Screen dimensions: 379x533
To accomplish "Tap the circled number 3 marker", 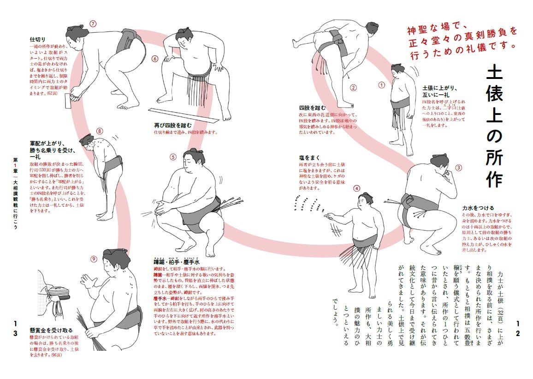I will [x=458, y=168].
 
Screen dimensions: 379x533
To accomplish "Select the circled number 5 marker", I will [x=173, y=156].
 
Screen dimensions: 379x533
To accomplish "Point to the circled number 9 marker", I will [x=94, y=259].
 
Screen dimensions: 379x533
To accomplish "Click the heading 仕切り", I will [x=38, y=40].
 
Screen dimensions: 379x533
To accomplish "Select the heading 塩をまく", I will [x=309, y=158].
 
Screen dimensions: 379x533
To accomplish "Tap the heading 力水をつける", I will [x=478, y=208].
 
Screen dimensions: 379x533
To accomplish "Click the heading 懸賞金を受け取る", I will [x=51, y=330].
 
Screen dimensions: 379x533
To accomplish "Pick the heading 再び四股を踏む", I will [x=173, y=126].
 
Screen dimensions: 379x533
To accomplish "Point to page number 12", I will [x=518, y=335].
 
